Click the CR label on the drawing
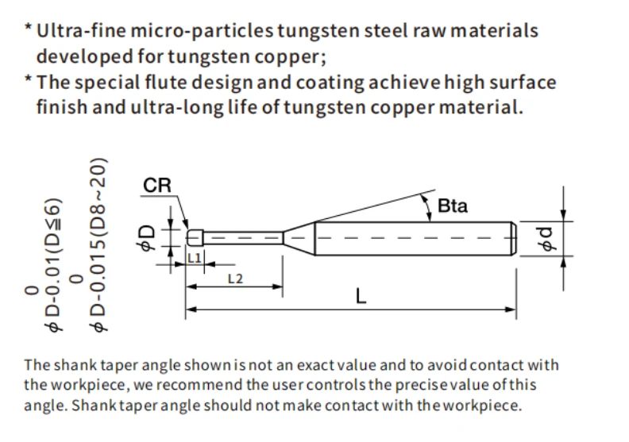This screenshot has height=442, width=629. coord(156,186)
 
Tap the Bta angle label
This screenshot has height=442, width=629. coord(453,206)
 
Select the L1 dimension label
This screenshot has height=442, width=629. coord(195,258)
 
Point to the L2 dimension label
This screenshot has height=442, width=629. coord(235,279)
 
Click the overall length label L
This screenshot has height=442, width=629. coord(361,297)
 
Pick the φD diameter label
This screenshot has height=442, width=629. coord(146,237)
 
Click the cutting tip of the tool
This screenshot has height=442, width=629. coord(195,237)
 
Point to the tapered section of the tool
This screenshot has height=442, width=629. coord(299,238)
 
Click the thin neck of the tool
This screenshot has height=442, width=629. coord(243,238)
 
